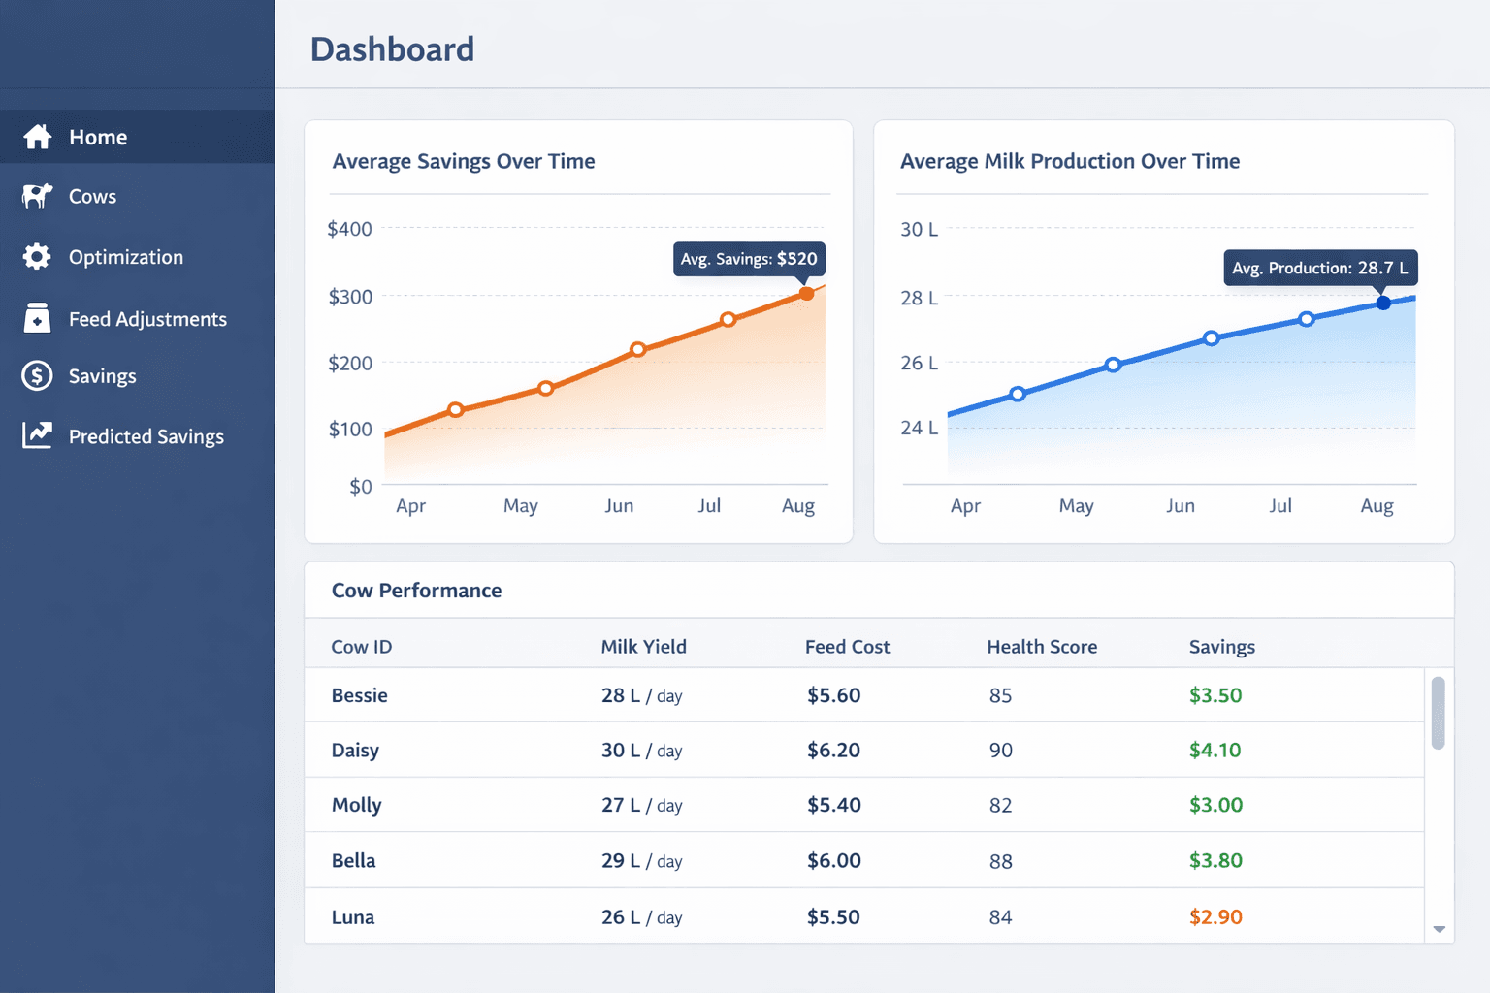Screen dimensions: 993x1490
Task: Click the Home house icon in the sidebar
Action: (38, 137)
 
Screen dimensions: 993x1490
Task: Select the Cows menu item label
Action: (92, 197)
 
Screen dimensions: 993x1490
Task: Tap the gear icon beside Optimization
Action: (37, 257)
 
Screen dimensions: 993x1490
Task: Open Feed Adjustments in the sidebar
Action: (147, 319)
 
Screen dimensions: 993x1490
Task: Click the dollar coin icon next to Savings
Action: (37, 375)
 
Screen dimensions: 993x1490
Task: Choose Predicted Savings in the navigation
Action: (146, 436)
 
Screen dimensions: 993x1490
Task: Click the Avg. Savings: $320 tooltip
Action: (749, 259)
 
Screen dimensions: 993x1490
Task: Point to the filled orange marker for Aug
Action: (806, 293)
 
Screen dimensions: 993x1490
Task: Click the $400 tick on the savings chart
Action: (349, 229)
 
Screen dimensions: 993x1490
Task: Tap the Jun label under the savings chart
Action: (619, 505)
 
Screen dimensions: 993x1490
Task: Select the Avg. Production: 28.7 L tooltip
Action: (1319, 268)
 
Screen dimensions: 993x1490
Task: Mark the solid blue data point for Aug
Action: (1383, 303)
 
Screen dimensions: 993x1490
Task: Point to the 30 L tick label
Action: (919, 230)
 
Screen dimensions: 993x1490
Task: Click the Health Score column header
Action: (1042, 647)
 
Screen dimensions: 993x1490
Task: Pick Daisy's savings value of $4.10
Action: (1215, 750)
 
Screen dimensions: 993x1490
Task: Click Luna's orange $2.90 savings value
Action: (1215, 916)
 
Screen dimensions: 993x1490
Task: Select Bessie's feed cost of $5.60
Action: (833, 695)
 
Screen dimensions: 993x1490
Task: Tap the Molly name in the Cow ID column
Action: (356, 805)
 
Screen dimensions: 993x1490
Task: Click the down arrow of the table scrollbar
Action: (1439, 929)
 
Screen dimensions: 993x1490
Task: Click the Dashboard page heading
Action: (392, 49)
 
